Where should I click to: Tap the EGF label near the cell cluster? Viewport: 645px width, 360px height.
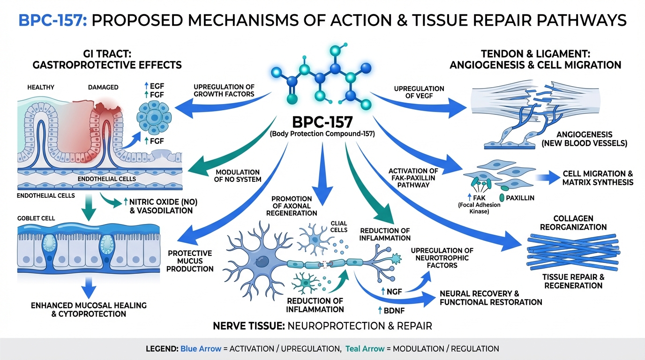[153, 86]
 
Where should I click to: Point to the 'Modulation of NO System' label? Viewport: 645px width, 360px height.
[238, 175]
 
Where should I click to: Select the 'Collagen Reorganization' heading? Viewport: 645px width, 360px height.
[573, 223]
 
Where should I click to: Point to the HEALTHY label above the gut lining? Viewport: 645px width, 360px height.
[41, 87]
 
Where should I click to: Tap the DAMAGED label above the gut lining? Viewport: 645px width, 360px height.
[103, 87]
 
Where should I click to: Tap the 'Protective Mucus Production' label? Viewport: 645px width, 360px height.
[190, 261]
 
